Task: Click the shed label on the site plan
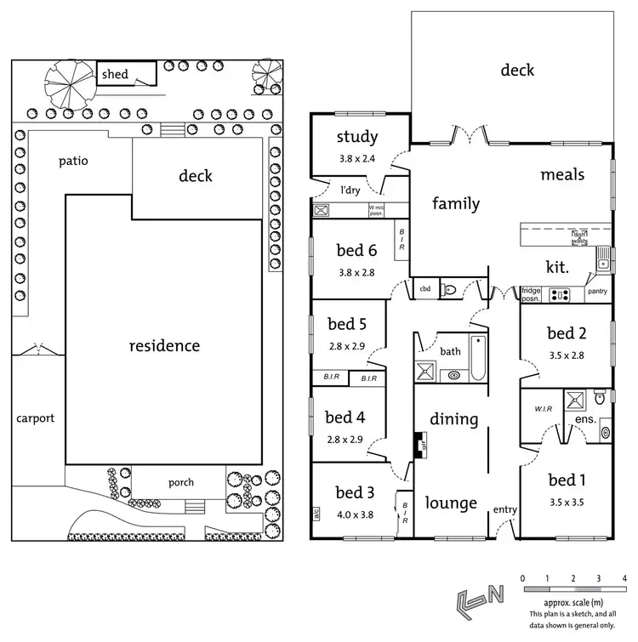(x=115, y=75)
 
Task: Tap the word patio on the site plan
(x=74, y=160)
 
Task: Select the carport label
(x=34, y=418)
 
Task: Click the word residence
(x=164, y=346)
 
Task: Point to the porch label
(x=180, y=482)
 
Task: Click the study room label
(x=357, y=138)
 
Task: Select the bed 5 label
(x=347, y=323)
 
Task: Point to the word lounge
(x=451, y=503)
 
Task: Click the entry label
(x=504, y=509)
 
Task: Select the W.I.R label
(x=544, y=408)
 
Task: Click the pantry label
(x=598, y=292)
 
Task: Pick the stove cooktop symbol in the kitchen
(x=561, y=295)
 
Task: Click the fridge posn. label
(x=532, y=294)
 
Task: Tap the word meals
(x=562, y=174)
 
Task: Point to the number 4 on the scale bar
(x=624, y=578)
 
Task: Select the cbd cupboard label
(x=424, y=289)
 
